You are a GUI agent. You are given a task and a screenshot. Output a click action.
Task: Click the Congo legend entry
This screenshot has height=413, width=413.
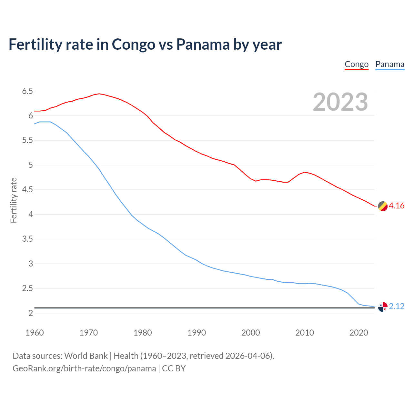357,65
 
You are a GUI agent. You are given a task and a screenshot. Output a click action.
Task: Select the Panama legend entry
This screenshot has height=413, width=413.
390,65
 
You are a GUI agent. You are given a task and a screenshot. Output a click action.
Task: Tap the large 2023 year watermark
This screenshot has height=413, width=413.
340,102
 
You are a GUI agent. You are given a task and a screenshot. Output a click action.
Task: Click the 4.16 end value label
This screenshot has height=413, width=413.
397,206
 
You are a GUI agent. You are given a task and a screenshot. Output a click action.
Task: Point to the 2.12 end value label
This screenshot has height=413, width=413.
397,306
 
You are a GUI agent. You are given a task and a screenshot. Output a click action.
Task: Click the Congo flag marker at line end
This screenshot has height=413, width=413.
383,206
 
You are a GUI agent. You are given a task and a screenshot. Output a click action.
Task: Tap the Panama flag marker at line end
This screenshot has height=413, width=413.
383,307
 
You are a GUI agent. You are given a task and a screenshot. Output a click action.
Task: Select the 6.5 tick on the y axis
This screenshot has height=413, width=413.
28,91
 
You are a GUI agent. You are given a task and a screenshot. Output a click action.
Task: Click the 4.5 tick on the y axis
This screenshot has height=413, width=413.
28,190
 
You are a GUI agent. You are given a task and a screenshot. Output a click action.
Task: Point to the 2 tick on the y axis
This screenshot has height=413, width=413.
31,313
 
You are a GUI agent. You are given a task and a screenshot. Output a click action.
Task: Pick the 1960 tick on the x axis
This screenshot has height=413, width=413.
35,333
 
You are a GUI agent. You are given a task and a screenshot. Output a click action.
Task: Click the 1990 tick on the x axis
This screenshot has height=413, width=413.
196,333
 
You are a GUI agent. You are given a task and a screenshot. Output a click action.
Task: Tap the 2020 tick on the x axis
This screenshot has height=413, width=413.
358,333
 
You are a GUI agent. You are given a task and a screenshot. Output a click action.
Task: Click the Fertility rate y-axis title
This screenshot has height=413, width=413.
14,200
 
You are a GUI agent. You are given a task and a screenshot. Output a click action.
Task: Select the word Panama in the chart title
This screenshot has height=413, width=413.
203,45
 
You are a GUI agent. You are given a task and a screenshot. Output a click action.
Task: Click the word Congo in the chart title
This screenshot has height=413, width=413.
133,45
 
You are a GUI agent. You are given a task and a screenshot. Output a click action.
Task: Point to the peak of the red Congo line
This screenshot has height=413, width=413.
99,94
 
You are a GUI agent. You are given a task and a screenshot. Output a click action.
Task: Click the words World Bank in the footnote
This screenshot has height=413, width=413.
86,356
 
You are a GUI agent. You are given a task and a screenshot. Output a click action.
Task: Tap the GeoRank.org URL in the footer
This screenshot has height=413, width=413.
84,368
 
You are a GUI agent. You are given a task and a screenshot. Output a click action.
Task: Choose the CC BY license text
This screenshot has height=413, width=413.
174,368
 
